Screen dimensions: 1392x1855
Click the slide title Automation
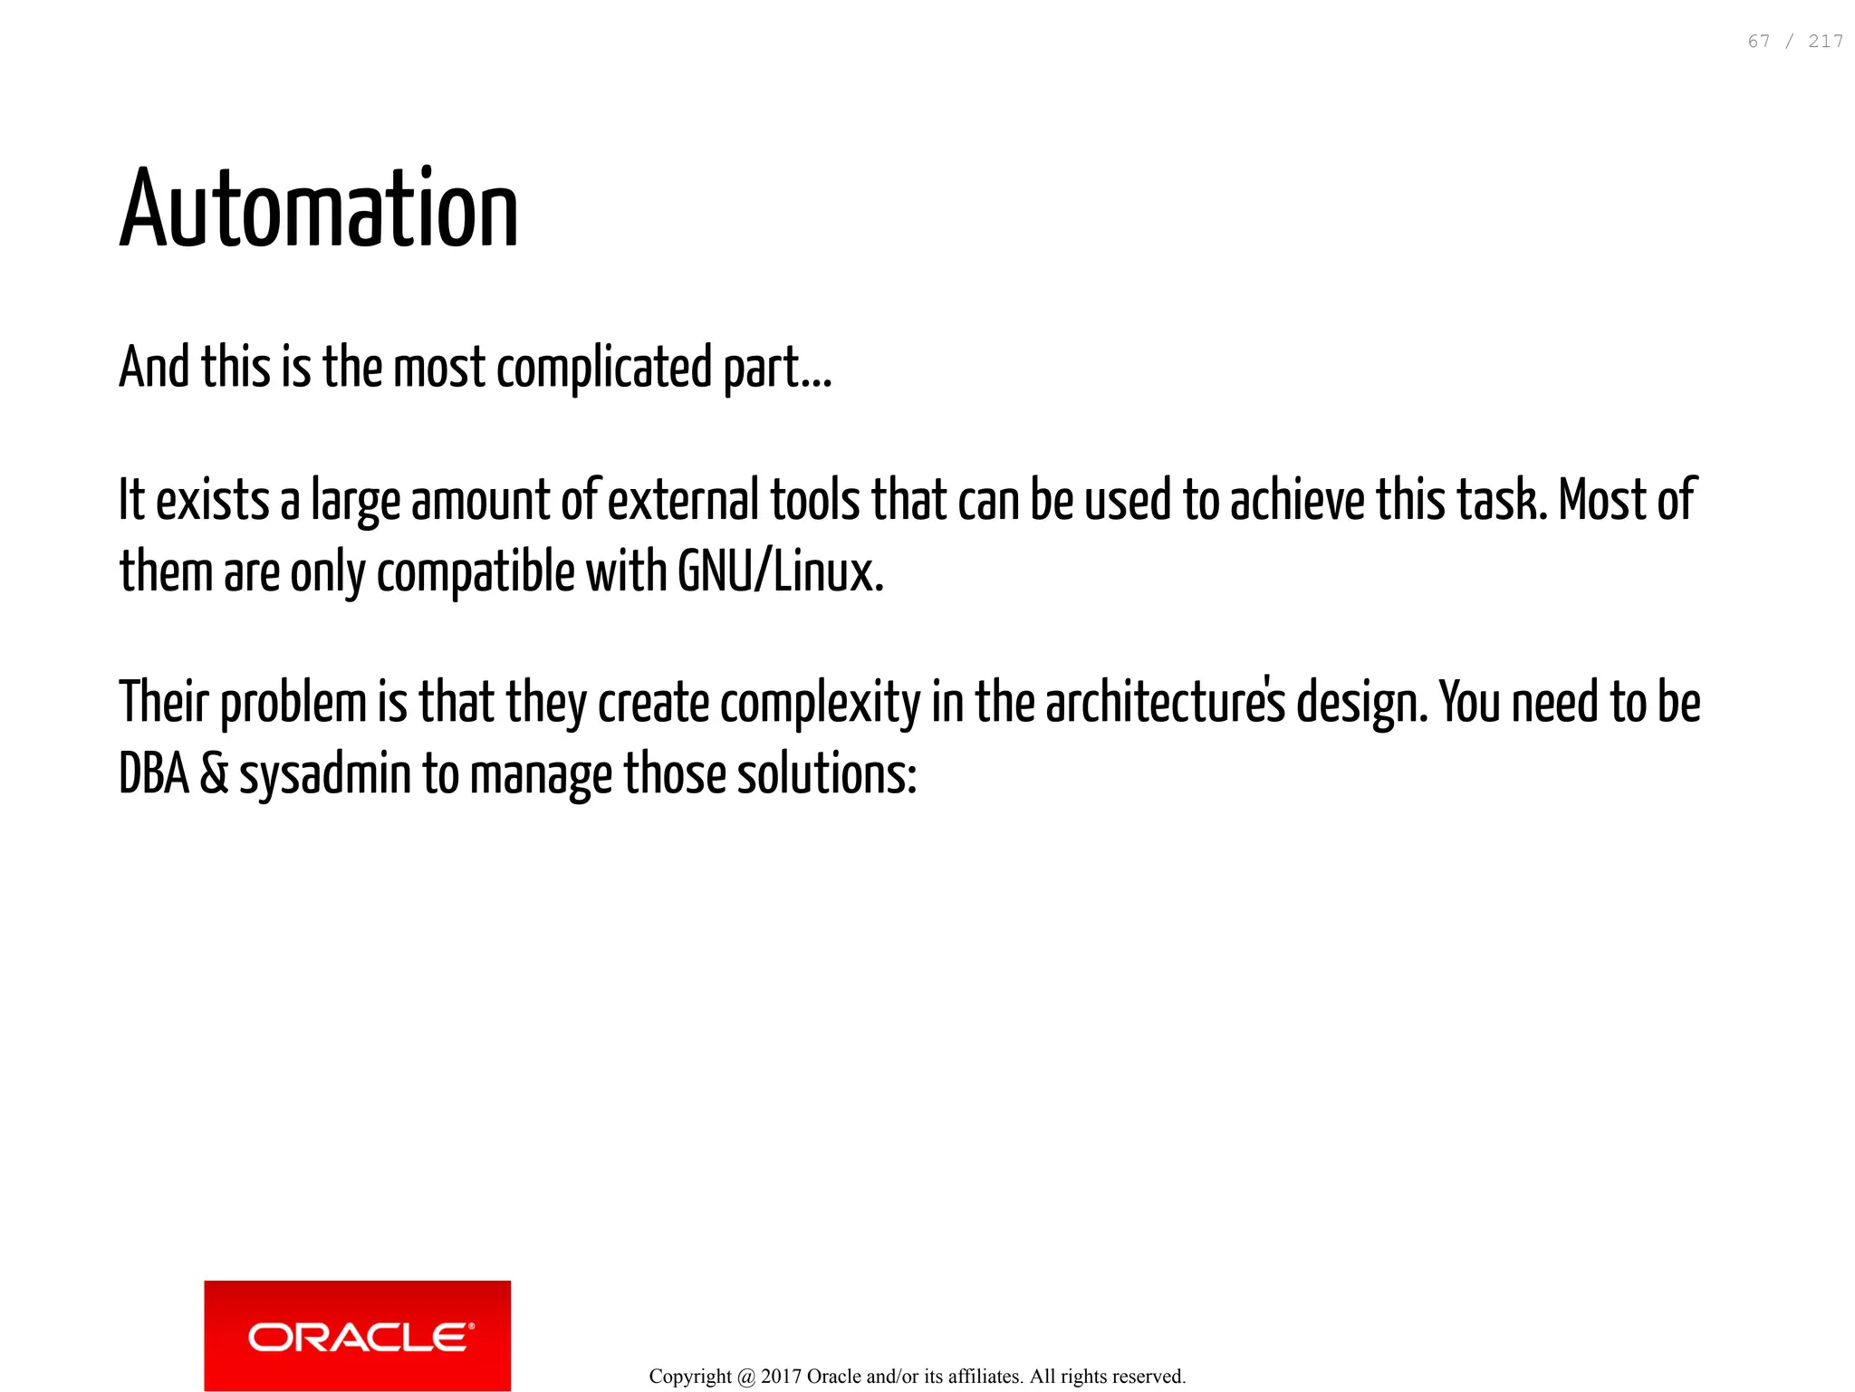click(x=319, y=209)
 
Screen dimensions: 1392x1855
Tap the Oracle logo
click(x=358, y=1336)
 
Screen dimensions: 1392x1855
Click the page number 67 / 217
click(x=1795, y=42)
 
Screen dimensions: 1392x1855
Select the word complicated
click(x=604, y=369)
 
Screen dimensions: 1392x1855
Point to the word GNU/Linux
click(x=780, y=572)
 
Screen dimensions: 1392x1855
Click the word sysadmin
click(x=325, y=775)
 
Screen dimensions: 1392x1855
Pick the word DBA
click(x=154, y=775)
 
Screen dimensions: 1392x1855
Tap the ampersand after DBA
click(x=214, y=775)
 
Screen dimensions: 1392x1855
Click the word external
click(x=684, y=500)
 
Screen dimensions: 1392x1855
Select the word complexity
click(x=821, y=704)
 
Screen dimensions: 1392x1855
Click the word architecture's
click(x=1166, y=704)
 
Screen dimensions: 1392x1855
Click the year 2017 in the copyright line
click(x=781, y=1377)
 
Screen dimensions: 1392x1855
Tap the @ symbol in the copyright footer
click(x=746, y=1378)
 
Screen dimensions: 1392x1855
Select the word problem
click(x=293, y=704)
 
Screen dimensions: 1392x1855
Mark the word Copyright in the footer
click(x=690, y=1377)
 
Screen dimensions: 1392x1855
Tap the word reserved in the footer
click(x=1150, y=1377)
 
